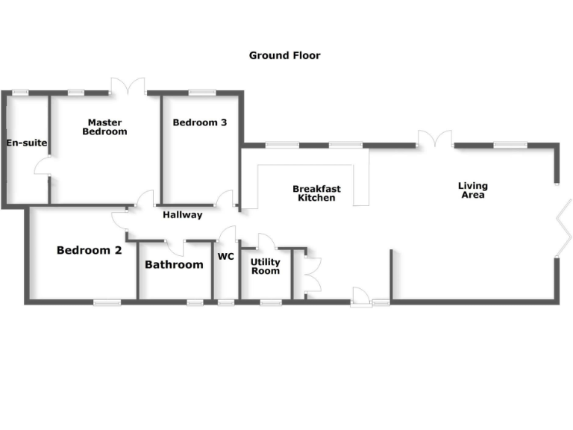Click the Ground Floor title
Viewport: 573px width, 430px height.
(x=284, y=55)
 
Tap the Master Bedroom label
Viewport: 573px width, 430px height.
(x=104, y=127)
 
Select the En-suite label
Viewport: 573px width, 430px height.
(x=27, y=143)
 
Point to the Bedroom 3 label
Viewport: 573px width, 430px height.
(x=199, y=122)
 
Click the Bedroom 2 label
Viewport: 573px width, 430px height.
(x=89, y=251)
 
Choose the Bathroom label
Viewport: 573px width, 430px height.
(x=174, y=265)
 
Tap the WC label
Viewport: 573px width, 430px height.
(x=226, y=257)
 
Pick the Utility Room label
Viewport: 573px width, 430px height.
(x=265, y=267)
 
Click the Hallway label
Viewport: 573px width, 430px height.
(x=182, y=215)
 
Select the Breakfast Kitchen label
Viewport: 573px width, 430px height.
(x=316, y=193)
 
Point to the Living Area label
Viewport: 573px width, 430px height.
(x=473, y=190)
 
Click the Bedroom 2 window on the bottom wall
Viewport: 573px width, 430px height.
(x=107, y=302)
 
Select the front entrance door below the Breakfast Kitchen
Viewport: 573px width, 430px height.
(x=360, y=296)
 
